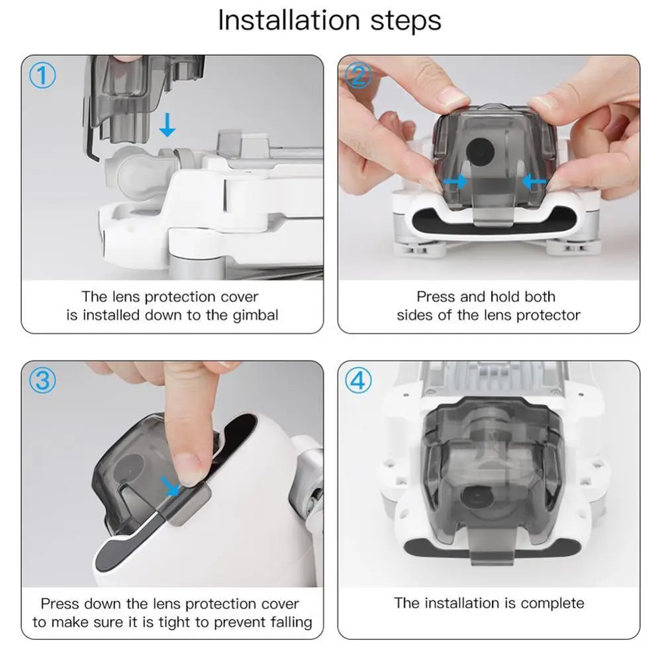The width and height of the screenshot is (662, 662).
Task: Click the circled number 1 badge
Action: [42, 75]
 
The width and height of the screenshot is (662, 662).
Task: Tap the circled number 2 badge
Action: [358, 75]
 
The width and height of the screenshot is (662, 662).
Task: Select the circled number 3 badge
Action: [42, 380]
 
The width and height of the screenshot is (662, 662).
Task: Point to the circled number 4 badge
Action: [358, 380]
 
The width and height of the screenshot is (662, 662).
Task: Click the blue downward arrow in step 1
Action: [167, 124]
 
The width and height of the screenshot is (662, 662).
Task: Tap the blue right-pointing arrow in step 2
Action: [455, 182]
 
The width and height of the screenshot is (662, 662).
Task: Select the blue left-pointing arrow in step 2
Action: [534, 182]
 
